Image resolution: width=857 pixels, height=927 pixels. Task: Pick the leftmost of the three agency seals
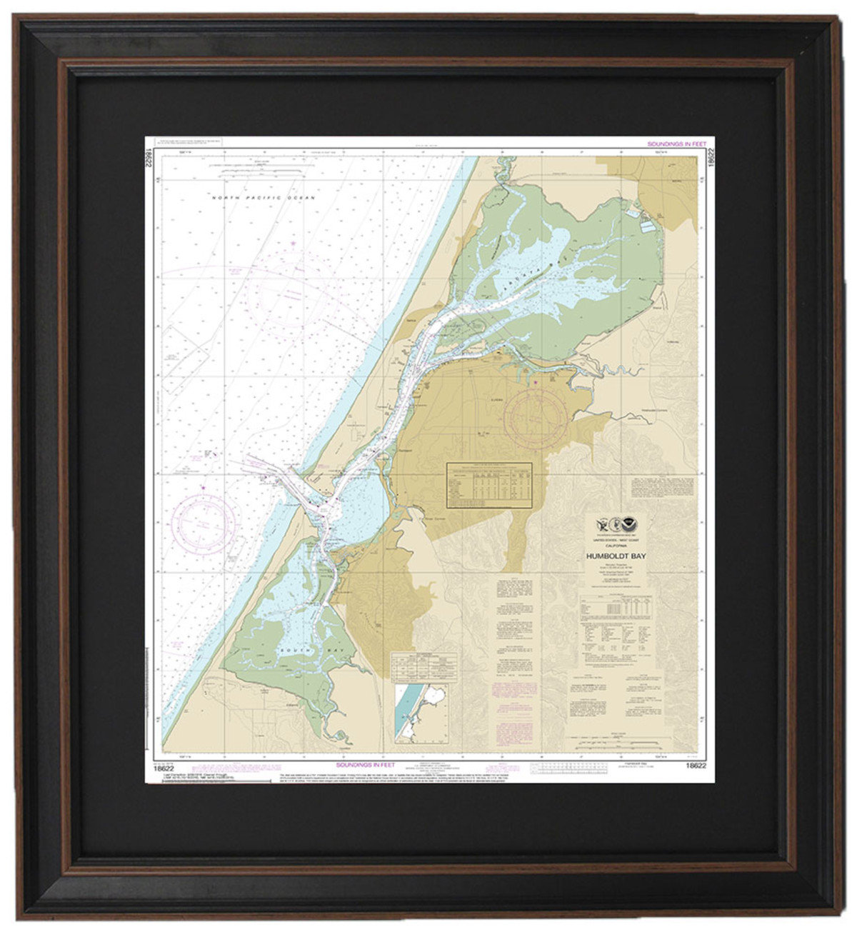(602, 523)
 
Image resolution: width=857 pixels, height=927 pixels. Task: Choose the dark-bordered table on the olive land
(489, 485)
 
